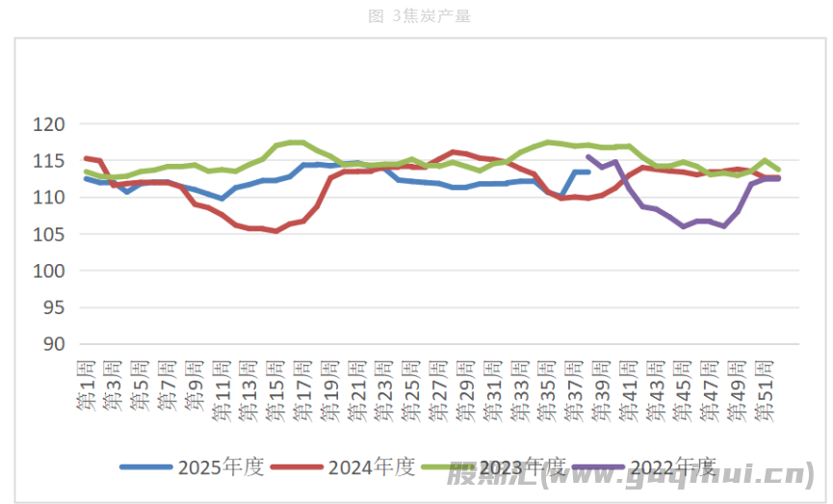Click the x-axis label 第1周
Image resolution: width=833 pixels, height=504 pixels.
click(86, 384)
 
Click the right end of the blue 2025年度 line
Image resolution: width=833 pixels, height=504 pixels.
click(588, 172)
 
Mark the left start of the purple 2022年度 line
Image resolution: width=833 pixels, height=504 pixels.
click(588, 156)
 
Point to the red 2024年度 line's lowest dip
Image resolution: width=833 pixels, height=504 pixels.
click(276, 231)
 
